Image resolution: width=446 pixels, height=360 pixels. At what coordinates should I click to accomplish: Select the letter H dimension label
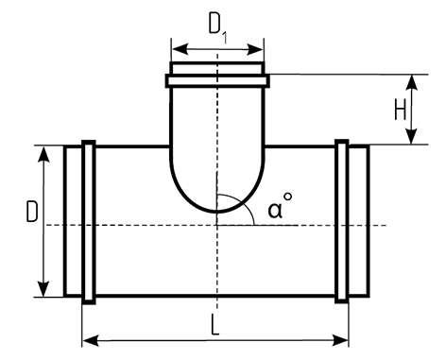click(x=401, y=109)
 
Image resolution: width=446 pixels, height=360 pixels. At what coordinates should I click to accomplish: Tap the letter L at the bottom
click(x=214, y=325)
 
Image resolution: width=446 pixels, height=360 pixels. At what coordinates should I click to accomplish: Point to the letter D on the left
click(x=32, y=212)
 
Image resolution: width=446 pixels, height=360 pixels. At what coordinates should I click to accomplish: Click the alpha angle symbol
click(x=275, y=210)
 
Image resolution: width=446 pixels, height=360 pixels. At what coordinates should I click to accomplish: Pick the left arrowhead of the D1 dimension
click(x=180, y=49)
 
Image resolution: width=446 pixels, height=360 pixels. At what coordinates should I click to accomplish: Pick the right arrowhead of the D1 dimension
click(x=254, y=49)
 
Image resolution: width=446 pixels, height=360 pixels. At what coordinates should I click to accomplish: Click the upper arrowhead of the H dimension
click(x=412, y=83)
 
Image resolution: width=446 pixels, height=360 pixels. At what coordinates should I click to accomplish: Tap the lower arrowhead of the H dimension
click(x=412, y=136)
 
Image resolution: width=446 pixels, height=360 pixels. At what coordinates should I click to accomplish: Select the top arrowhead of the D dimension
click(x=43, y=154)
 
